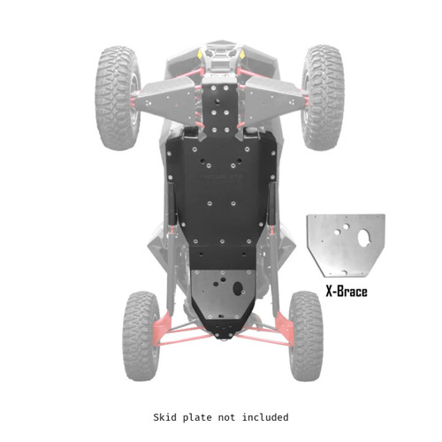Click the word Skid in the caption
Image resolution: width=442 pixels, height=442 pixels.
pyautogui.click(x=167, y=416)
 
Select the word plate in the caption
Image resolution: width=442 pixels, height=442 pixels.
pyautogui.click(x=199, y=416)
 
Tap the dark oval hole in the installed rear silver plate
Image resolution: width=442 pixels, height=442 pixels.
pyautogui.click(x=237, y=288)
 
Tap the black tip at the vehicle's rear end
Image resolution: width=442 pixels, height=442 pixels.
pyautogui.click(x=223, y=335)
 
